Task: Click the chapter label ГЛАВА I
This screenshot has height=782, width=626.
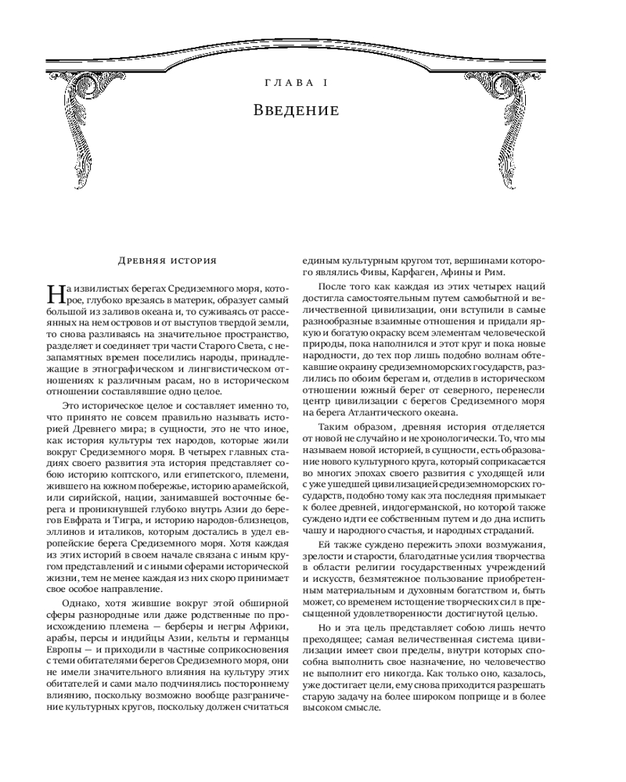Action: coord(296,82)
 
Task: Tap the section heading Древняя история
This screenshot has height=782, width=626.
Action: coord(167,260)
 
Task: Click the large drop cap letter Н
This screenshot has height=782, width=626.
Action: coord(57,295)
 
